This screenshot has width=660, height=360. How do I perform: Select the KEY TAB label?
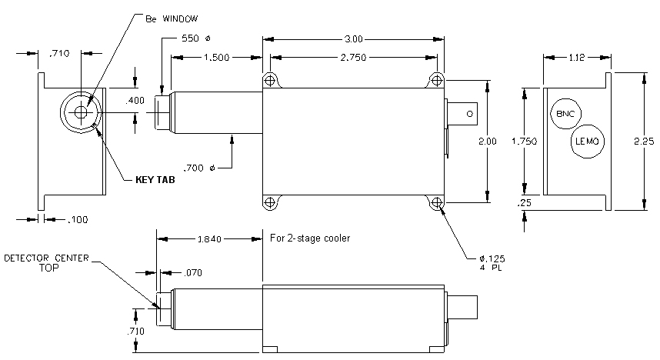point(155,180)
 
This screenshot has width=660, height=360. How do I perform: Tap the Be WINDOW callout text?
point(172,18)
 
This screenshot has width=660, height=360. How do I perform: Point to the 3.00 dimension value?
point(354,39)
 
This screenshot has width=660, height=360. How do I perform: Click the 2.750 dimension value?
point(353,57)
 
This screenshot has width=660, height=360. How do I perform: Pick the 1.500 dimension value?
point(216,57)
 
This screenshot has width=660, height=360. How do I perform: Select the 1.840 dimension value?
point(209,239)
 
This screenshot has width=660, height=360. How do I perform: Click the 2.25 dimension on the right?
point(644,141)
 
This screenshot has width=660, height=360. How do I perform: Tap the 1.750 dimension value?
point(524,141)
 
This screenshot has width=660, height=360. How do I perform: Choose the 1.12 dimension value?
point(577,57)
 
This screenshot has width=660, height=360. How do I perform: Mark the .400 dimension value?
point(135,100)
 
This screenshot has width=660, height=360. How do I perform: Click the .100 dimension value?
point(78,219)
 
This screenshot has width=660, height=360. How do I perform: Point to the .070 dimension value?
point(193,273)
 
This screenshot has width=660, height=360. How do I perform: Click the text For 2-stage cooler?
point(310,238)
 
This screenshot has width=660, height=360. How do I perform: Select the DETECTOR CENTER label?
point(46,258)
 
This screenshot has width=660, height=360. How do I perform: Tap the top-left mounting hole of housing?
point(270,79)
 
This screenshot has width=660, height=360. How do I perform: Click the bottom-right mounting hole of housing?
point(437,202)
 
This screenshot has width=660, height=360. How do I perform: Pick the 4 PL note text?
point(491,268)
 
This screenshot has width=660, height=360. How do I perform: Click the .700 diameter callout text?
point(199,168)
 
